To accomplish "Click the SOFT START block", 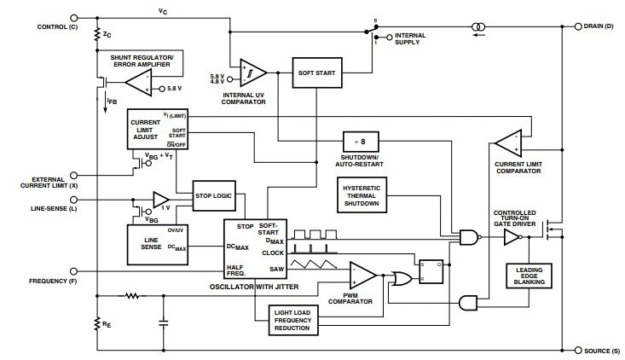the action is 317,73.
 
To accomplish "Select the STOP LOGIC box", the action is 214,195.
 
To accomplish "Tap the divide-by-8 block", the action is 361,142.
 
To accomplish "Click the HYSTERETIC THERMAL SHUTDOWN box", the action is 362,195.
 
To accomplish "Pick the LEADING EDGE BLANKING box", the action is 529,276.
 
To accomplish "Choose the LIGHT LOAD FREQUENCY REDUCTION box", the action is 293,320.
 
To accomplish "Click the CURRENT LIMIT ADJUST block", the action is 158,129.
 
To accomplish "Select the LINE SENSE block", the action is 158,244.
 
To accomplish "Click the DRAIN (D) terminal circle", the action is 578,26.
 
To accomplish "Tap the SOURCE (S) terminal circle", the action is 578,351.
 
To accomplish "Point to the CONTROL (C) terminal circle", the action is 73,18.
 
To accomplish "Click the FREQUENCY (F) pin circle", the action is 73,271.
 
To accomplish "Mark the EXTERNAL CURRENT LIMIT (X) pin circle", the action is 73,176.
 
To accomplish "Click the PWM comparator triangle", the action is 361,275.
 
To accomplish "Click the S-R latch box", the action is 431,271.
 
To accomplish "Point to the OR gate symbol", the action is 402,279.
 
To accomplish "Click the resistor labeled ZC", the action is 97,34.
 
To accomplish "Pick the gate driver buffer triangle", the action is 512,237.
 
